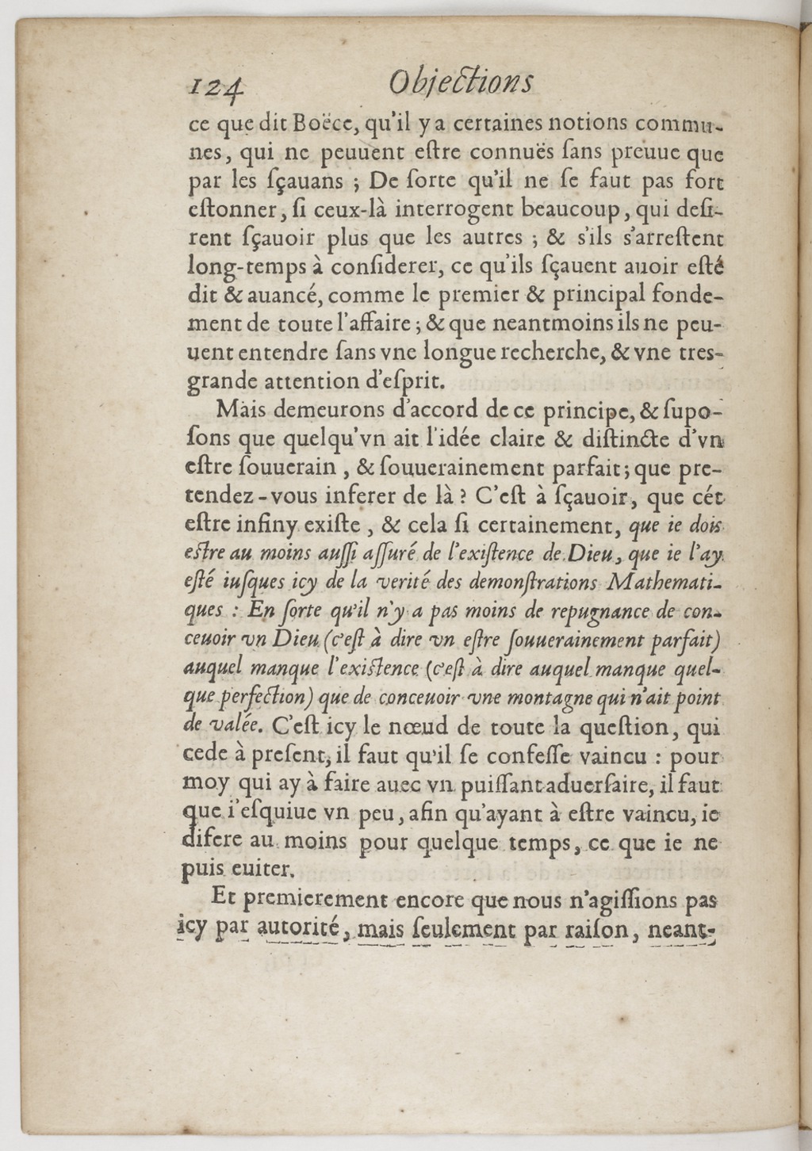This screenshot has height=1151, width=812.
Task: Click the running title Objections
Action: coord(462,82)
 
